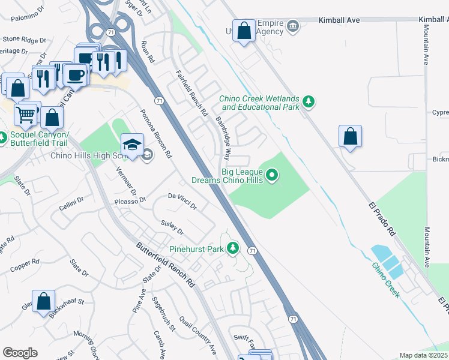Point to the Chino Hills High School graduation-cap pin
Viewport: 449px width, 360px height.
click(132, 145)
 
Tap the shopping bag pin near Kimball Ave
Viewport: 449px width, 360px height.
click(244, 32)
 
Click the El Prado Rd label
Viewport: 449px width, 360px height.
click(382, 217)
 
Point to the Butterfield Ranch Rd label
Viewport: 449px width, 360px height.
click(166, 264)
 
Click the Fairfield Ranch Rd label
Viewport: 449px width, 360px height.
click(191, 92)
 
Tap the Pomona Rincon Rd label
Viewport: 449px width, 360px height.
click(156, 133)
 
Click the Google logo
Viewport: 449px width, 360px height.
click(20, 353)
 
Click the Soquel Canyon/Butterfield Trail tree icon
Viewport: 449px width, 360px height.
click(2, 139)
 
